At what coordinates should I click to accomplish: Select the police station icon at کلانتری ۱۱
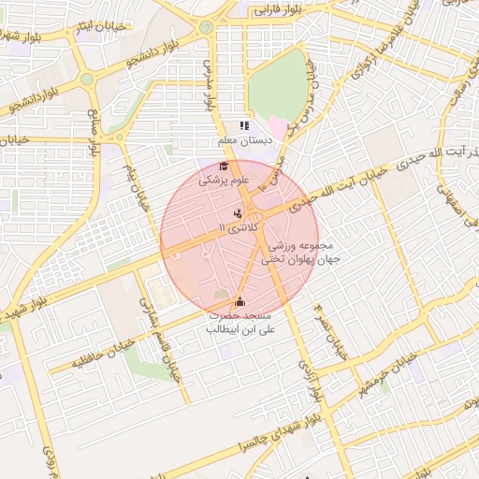coord(237,213)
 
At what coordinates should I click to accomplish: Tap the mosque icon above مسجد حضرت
coord(239,301)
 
